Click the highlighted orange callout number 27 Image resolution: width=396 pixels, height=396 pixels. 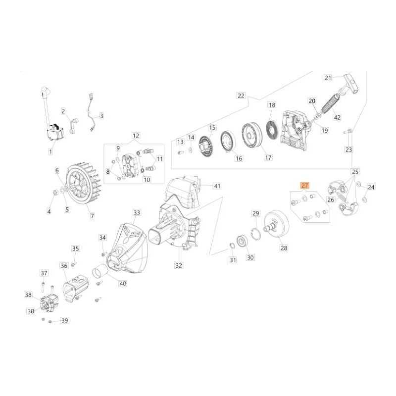pyautogui.click(x=304, y=186)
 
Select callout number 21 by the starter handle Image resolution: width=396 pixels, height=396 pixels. pyautogui.click(x=327, y=77)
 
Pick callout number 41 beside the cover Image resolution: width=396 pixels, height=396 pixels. pyautogui.click(x=216, y=186)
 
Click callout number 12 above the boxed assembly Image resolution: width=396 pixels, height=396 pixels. pyautogui.click(x=136, y=135)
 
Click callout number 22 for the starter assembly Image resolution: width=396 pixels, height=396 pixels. pyautogui.click(x=241, y=95)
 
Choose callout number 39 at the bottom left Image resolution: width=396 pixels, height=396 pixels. pyautogui.click(x=64, y=321)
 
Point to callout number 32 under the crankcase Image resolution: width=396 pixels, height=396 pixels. pyautogui.click(x=178, y=265)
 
